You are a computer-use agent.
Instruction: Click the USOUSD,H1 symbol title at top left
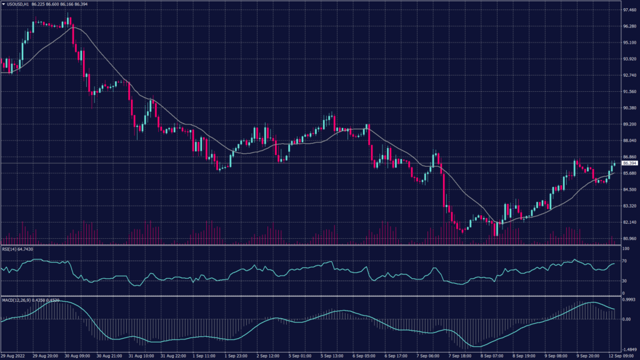tap(20, 4)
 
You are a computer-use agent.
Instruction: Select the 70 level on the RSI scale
tap(624, 261)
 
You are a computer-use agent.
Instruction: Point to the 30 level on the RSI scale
tap(624, 281)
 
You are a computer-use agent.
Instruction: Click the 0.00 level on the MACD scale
tap(625, 319)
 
